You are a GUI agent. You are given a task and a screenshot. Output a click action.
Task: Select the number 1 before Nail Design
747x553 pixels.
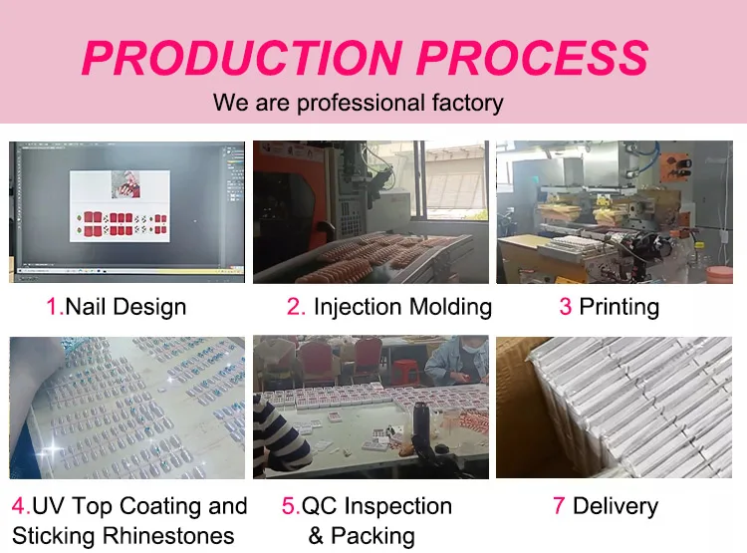pyautogui.click(x=52, y=307)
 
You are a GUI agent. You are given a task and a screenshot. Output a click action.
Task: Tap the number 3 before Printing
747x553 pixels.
pyautogui.click(x=565, y=307)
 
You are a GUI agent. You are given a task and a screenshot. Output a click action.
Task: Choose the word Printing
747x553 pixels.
pyautogui.click(x=619, y=307)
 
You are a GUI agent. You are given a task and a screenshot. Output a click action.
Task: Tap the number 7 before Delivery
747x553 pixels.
pyautogui.click(x=559, y=506)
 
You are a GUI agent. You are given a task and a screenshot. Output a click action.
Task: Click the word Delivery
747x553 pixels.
pyautogui.click(x=616, y=506)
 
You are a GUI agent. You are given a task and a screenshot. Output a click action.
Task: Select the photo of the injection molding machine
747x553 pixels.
pyautogui.click(x=371, y=211)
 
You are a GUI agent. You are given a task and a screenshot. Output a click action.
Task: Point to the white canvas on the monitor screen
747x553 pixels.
pyautogui.click(x=120, y=205)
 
